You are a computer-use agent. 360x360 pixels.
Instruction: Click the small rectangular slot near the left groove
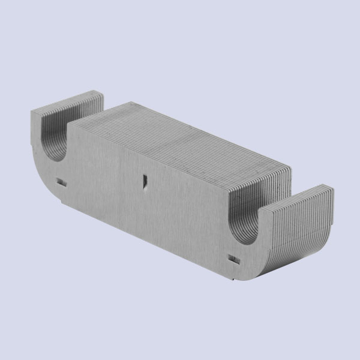point(60,180)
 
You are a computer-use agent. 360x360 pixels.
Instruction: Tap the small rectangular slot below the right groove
point(235,259)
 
